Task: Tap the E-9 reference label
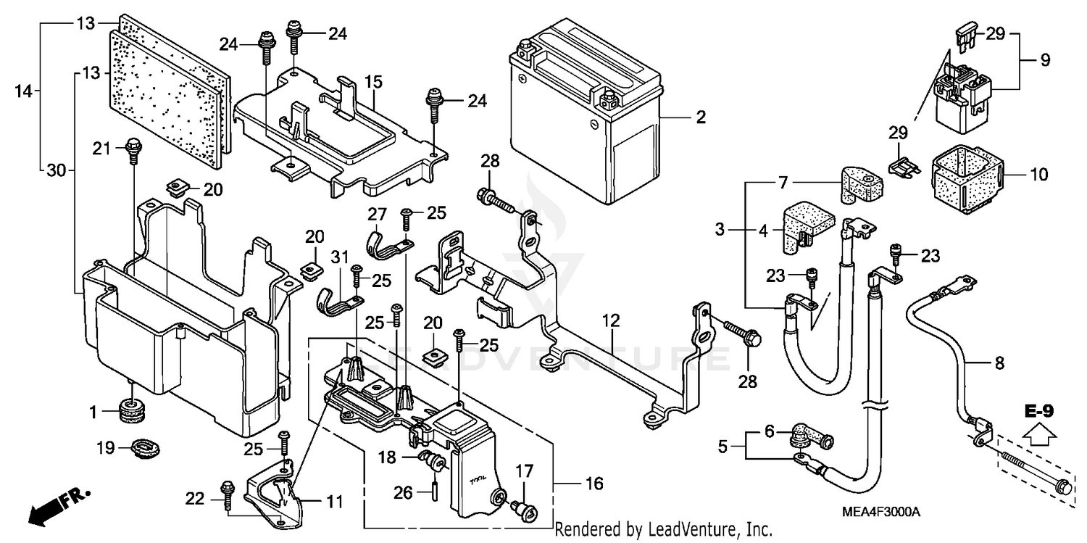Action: (x=1038, y=412)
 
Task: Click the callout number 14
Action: (x=24, y=91)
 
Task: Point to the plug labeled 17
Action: (x=523, y=511)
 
